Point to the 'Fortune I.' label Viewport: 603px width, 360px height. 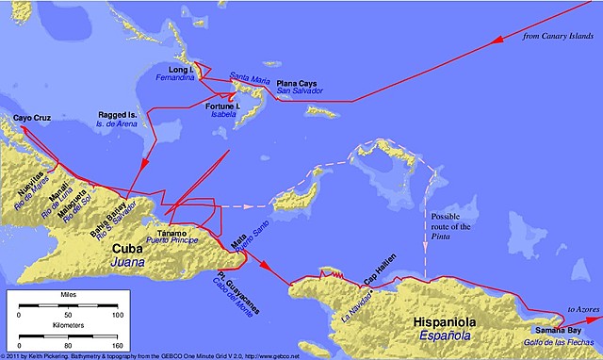(223, 106)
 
